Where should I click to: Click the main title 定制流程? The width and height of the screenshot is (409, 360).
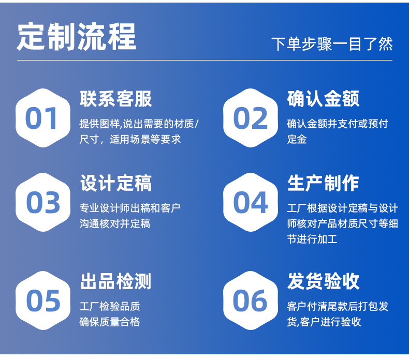coord(77,37)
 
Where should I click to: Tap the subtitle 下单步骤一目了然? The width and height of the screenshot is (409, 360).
coord(332,44)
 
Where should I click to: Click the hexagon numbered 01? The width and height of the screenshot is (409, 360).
coord(43,118)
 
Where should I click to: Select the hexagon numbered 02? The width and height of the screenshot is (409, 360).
coord(251,118)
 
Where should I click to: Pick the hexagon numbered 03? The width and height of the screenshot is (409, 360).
coord(43,202)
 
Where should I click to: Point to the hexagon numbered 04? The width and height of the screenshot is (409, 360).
coord(251,202)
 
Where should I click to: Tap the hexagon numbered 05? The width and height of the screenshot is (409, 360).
coord(43,301)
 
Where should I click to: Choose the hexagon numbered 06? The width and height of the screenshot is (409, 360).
coord(251,301)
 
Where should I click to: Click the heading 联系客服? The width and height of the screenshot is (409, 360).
coord(115,99)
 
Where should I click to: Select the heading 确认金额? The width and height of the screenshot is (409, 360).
coord(323,99)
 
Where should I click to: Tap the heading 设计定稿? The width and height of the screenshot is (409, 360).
coord(115,183)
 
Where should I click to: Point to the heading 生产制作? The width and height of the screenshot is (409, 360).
coord(323,183)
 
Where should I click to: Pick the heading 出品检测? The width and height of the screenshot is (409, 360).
coord(115,281)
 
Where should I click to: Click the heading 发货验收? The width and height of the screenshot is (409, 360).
coord(323,281)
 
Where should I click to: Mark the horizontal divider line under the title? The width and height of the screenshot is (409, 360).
coord(205,60)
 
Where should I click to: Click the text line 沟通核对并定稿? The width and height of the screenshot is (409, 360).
coord(115,223)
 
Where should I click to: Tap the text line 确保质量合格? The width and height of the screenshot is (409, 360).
coord(110,322)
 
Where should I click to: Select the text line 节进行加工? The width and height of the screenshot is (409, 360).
coord(312,239)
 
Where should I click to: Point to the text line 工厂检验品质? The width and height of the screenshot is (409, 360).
coord(110,306)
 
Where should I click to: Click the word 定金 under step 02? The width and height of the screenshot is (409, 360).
coord(297,139)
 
